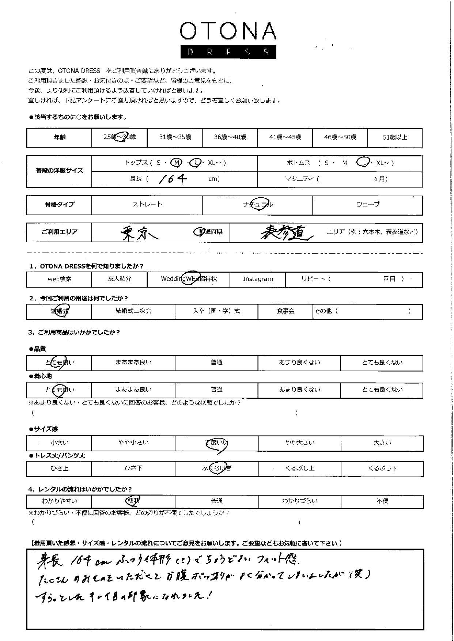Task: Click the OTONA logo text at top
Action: coord(228,31)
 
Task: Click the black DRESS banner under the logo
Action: coord(228,52)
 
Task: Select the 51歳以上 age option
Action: coord(394,137)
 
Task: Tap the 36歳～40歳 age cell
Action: coord(230,137)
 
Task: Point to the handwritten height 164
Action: coord(173,179)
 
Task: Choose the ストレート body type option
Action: coord(147,205)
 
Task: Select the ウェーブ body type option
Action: coord(367,205)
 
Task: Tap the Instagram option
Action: coord(258,279)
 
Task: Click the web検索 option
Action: coord(60,279)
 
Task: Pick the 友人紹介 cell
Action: coord(120,279)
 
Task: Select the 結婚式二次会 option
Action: coord(133,311)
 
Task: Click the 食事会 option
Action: coord(285,311)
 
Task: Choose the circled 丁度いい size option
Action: coord(217,443)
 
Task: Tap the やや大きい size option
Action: coord(299,443)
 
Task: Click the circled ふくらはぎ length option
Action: coord(217,469)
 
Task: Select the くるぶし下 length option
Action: coord(382,469)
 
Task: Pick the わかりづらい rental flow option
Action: coord(299,501)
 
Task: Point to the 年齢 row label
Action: coord(60,137)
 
